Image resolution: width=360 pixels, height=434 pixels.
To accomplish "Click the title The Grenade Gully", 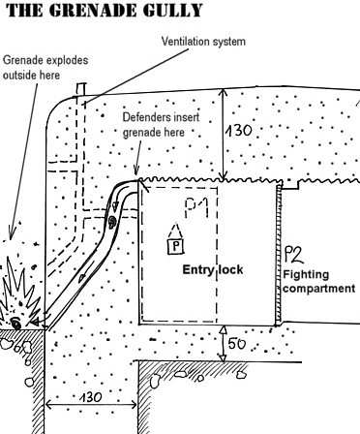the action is [105, 10].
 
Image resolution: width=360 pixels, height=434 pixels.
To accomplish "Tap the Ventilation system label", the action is [203, 42].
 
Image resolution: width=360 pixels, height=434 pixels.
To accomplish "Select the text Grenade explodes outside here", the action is [45, 68].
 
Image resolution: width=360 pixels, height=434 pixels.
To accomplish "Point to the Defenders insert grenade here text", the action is [161, 124].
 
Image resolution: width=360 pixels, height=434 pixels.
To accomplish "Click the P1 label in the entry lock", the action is [196, 208].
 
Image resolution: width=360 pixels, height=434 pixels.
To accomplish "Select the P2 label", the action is [293, 254].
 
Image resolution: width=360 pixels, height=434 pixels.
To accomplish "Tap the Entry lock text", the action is [213, 269].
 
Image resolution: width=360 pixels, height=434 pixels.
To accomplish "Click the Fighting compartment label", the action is [318, 281].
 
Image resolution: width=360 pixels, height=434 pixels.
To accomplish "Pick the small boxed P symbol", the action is [175, 246].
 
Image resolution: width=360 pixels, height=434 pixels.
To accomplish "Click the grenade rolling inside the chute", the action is [112, 222].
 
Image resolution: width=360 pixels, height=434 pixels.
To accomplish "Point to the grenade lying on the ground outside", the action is [15, 323].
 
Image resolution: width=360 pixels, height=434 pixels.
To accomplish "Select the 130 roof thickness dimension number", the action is [239, 131].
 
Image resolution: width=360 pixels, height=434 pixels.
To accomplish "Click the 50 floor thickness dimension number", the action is [236, 344].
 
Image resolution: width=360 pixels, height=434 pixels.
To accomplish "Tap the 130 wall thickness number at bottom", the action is [91, 397].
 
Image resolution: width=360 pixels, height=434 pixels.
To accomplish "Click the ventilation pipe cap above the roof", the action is [81, 89].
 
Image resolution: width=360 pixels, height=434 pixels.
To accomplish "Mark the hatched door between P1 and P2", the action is [278, 255].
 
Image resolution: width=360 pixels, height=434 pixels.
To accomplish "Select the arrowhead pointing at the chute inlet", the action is [136, 170].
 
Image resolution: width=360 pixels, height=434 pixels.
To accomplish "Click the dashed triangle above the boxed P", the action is [174, 231].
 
